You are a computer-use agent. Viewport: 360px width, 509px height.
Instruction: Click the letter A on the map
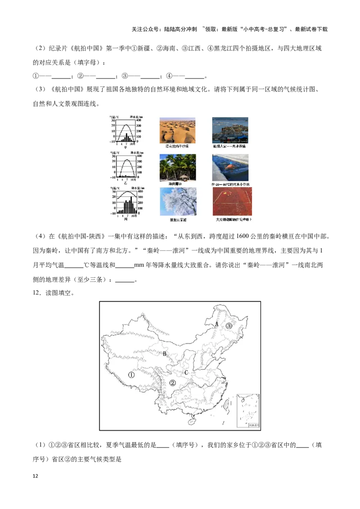click(x=216, y=323)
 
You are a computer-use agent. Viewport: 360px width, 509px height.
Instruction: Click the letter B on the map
click(x=165, y=354)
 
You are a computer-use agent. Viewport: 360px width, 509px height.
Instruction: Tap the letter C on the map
click(x=186, y=372)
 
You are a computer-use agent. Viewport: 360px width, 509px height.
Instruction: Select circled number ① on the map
click(x=131, y=374)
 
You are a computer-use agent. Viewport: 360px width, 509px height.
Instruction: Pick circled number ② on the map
click(x=172, y=383)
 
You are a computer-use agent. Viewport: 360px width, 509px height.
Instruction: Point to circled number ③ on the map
click(x=229, y=326)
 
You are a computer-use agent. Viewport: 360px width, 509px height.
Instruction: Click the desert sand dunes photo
click(x=177, y=130)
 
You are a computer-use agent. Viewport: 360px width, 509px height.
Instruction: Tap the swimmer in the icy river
click(x=230, y=166)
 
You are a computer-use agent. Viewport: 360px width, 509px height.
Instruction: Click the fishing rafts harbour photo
click(x=230, y=130)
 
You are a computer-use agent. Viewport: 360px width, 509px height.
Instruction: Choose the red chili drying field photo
click(x=232, y=201)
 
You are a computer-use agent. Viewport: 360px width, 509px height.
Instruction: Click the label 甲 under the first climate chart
click(x=126, y=147)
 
